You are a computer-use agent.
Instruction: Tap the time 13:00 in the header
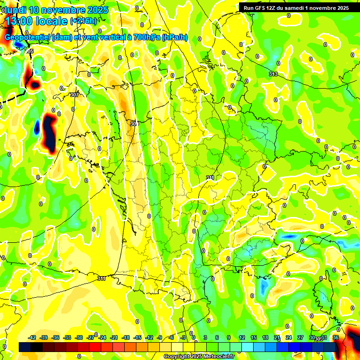pos(22,21)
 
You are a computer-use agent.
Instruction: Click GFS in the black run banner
pos(262,7)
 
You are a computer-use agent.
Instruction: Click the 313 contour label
pos(273,75)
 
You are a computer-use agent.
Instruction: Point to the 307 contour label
pos(74,95)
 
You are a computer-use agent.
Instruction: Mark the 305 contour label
pos(30,51)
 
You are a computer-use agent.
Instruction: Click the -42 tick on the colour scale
pos(32,337)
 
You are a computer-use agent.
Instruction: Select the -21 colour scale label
pos(114,337)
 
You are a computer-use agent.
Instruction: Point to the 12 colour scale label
pos(242,337)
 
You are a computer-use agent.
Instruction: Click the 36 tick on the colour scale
pos(336,337)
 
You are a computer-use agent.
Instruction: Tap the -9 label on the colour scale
pos(160,337)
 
